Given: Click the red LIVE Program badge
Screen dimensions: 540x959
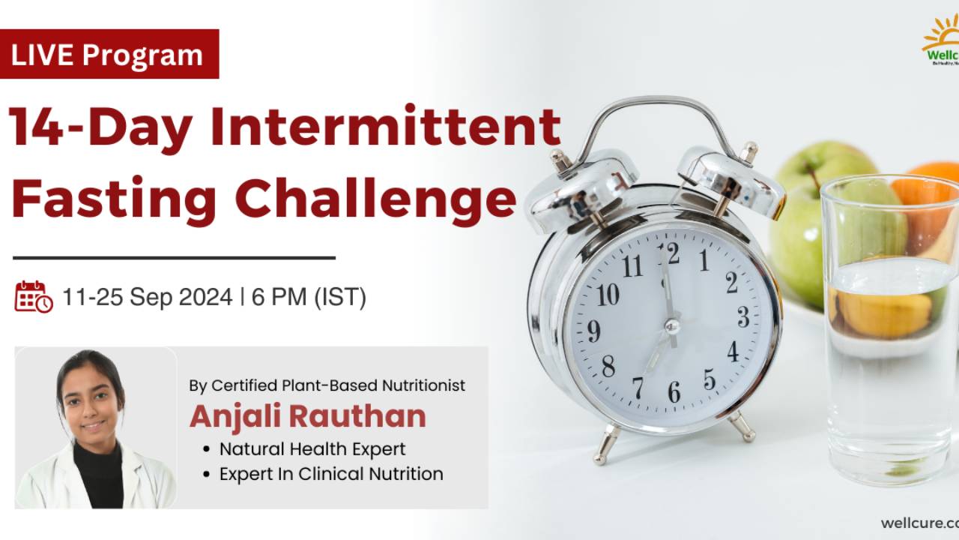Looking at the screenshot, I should pyautogui.click(x=109, y=54).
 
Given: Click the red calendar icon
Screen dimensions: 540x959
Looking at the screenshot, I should pyautogui.click(x=33, y=297).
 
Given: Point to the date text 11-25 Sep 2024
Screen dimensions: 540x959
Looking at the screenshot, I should pyautogui.click(x=147, y=298).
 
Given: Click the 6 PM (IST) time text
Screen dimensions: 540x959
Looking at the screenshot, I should pyautogui.click(x=309, y=298).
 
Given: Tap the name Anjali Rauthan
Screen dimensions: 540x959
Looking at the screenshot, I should pyautogui.click(x=307, y=416).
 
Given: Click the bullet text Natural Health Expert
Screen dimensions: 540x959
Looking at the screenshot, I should pyautogui.click(x=312, y=449).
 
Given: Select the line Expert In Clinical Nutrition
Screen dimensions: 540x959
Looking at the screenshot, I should pyautogui.click(x=330, y=474).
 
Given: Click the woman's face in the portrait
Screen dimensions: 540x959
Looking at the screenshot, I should pyautogui.click(x=92, y=406).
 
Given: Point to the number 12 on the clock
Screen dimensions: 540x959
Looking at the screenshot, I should pyautogui.click(x=668, y=253).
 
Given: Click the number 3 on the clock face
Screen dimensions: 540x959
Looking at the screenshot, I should pyautogui.click(x=742, y=317).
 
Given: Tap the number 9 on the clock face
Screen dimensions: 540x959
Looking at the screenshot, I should pyautogui.click(x=593, y=330).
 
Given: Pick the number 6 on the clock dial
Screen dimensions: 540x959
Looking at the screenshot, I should pyautogui.click(x=674, y=391).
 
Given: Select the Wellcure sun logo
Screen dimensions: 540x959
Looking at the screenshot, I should pyautogui.click(x=943, y=41).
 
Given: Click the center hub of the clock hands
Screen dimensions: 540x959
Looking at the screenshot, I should pyautogui.click(x=672, y=326).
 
